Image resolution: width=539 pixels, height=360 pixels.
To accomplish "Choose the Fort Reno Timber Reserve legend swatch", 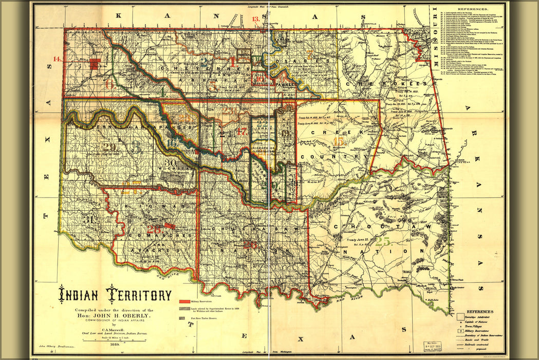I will [x=182, y=319].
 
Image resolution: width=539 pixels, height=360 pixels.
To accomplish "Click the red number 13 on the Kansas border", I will [x=255, y=20].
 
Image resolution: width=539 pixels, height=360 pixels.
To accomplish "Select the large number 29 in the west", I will [x=109, y=148].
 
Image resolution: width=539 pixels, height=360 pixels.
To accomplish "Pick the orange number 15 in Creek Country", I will [x=338, y=141].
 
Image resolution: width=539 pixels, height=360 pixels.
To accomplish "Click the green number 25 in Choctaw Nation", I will [x=382, y=240].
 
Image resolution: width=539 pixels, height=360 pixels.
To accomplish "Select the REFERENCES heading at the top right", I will [x=473, y=9].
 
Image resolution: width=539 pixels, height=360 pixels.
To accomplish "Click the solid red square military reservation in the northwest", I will [x=94, y=64].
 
